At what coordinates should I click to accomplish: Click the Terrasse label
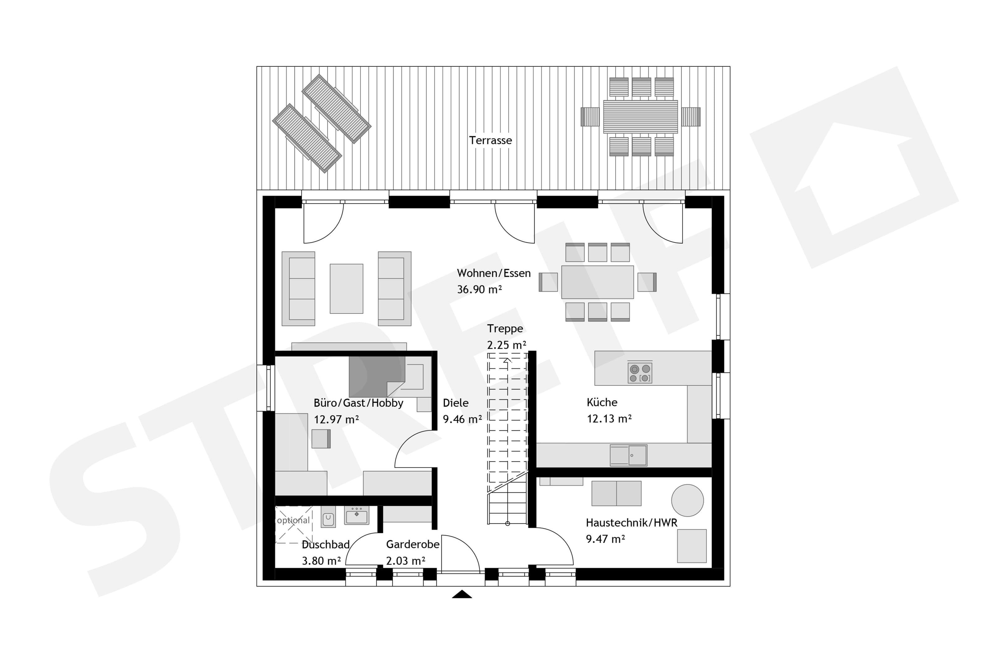click(490, 140)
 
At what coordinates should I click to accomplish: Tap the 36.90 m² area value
click(479, 289)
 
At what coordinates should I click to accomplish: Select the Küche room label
click(602, 402)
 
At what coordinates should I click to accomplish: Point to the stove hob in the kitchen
click(640, 373)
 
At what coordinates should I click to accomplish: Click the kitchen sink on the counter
click(628, 455)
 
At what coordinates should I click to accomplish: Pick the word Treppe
click(505, 329)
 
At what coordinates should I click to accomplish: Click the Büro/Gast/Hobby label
click(358, 403)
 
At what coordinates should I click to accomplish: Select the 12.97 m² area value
click(336, 419)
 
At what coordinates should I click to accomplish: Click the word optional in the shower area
click(293, 520)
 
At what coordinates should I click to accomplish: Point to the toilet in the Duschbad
click(328, 517)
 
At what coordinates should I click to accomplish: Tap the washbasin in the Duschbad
click(356, 515)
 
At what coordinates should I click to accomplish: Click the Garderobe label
click(413, 544)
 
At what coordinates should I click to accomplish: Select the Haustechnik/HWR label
click(632, 523)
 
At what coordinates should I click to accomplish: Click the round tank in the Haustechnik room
click(688, 500)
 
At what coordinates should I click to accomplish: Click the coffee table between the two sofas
click(346, 289)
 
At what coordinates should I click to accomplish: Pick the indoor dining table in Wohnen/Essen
click(597, 282)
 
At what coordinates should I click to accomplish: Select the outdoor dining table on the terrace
click(640, 116)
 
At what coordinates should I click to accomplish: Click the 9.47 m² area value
click(605, 539)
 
